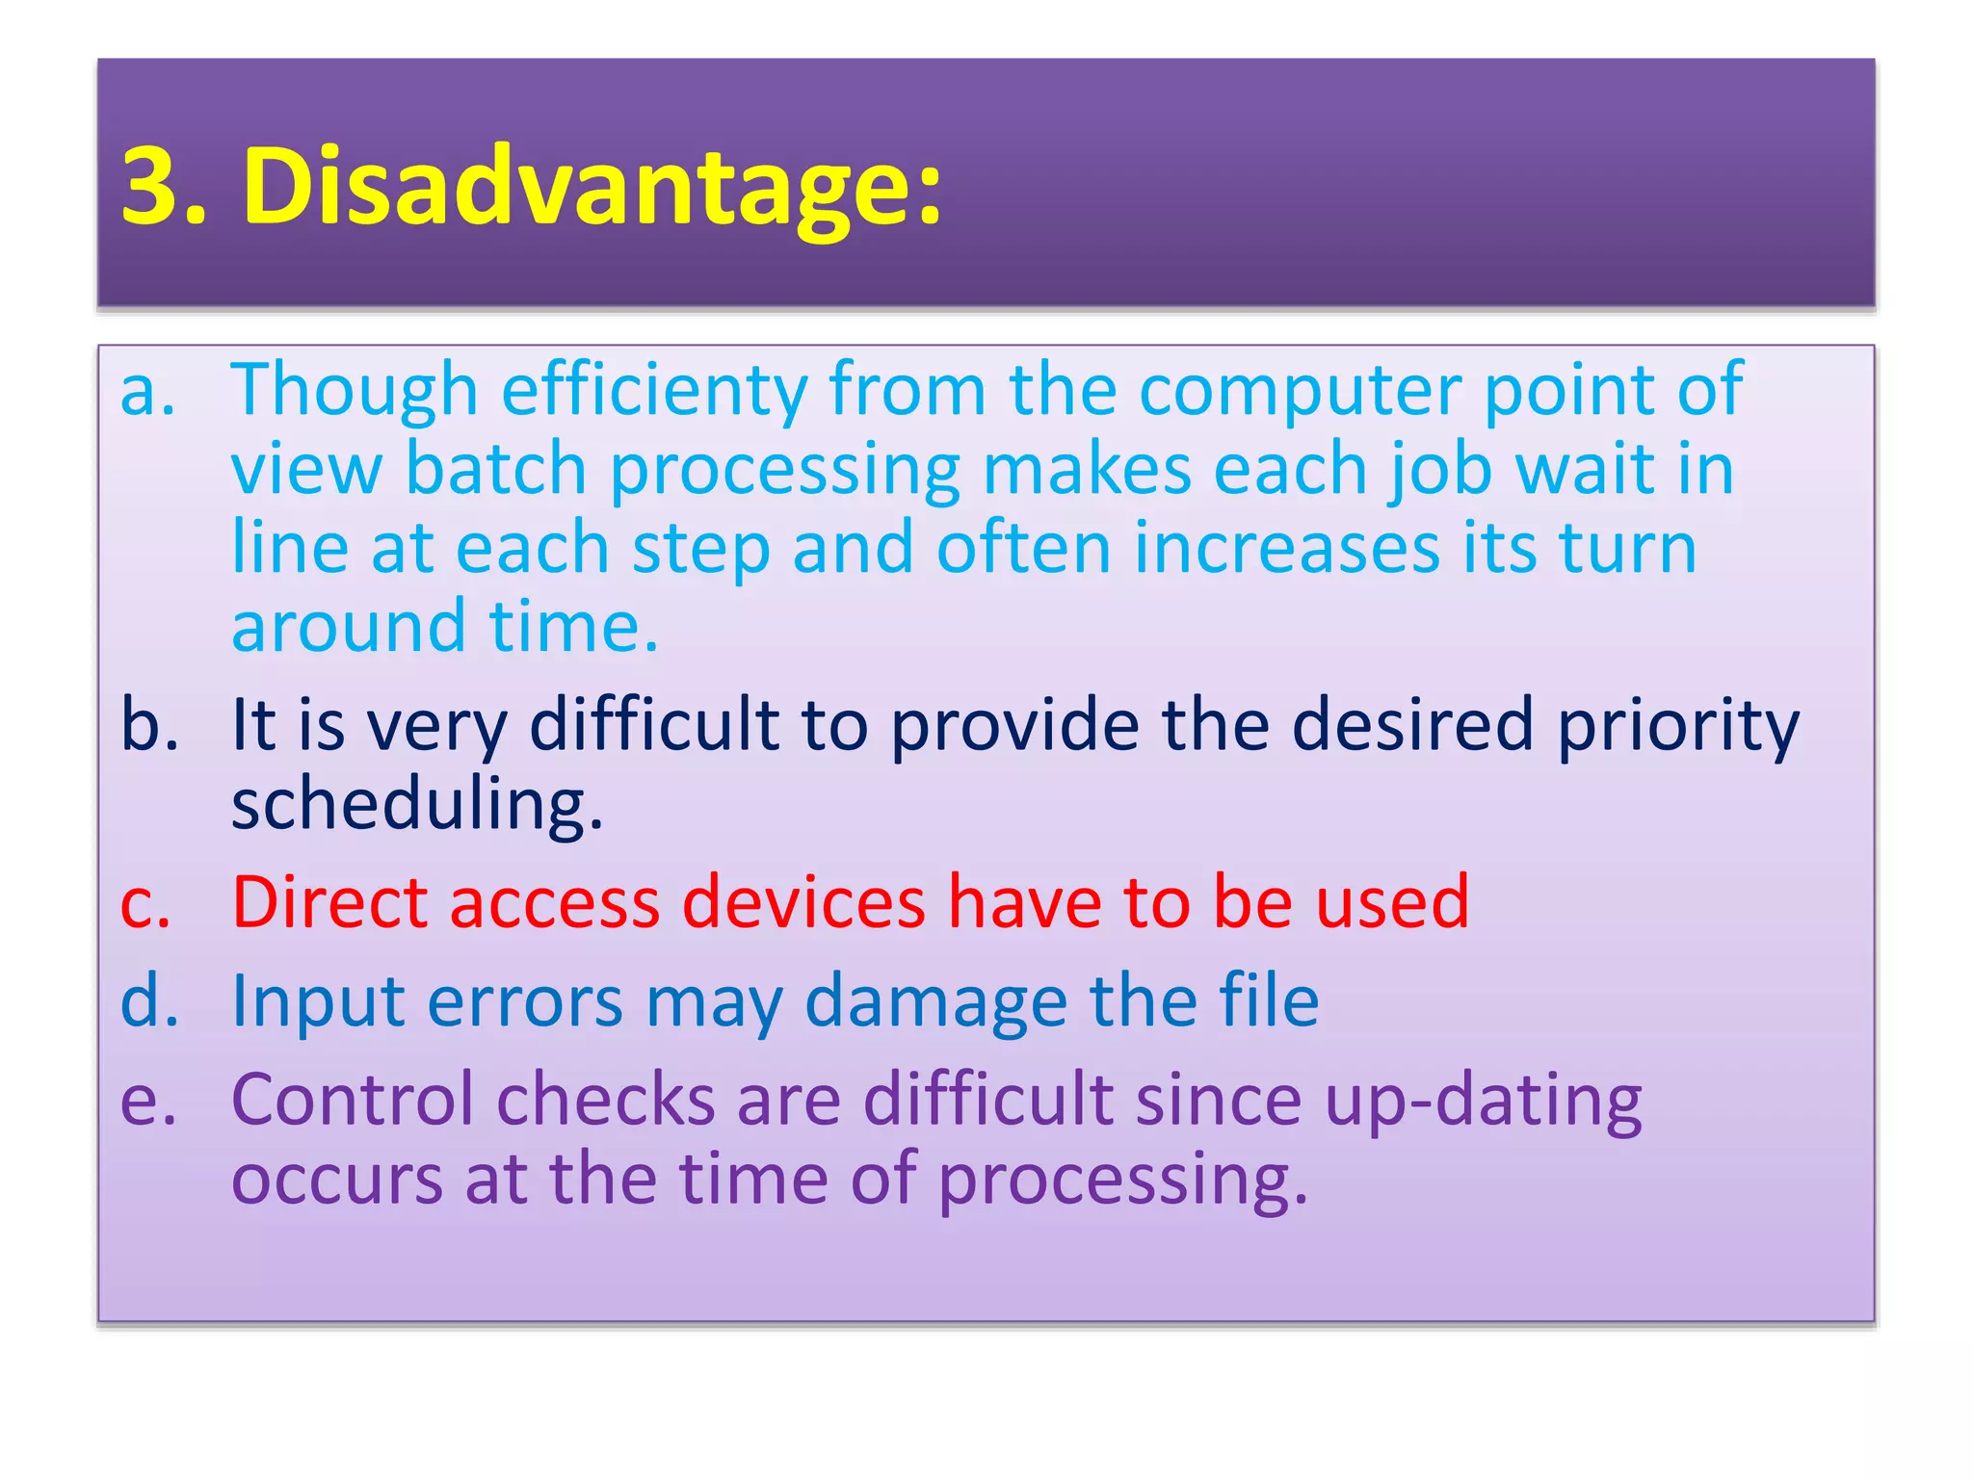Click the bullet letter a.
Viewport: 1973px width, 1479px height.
coord(147,392)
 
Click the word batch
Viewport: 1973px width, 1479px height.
coord(496,470)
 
